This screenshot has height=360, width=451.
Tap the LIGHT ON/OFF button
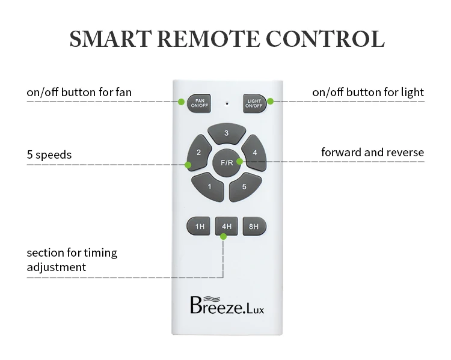click(x=254, y=103)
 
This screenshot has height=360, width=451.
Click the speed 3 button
click(x=226, y=134)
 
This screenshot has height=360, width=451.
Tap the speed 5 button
click(x=243, y=186)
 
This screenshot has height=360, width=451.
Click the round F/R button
click(x=227, y=162)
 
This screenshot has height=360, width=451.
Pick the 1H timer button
click(x=200, y=227)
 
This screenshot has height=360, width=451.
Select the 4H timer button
click(x=226, y=227)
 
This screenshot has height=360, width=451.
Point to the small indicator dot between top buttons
click(x=226, y=103)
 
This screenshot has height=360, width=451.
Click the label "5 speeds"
click(x=49, y=155)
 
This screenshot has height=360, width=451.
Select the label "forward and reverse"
click(x=372, y=153)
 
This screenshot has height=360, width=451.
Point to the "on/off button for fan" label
click(x=79, y=93)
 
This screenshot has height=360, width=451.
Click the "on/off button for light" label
click(x=368, y=93)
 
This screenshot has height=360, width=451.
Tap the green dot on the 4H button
click(x=224, y=236)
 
